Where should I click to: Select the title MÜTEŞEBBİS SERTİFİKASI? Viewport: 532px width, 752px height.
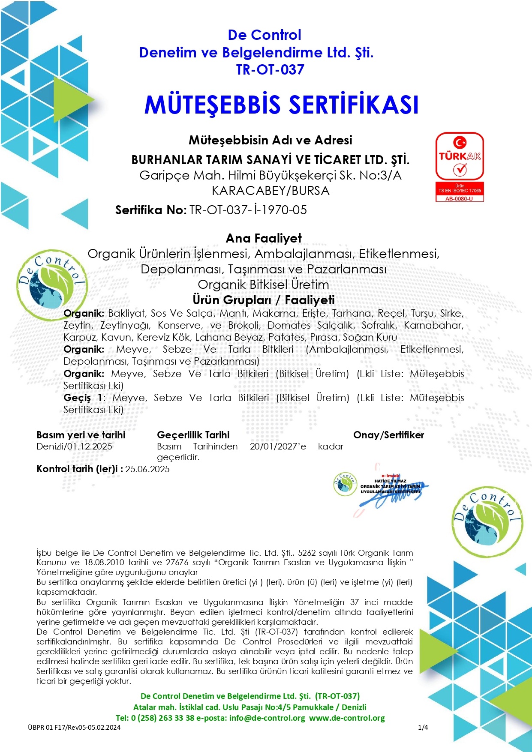tap(281, 105)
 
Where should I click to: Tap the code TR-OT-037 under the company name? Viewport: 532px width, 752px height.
tap(270, 69)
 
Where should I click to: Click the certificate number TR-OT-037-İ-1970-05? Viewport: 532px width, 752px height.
tap(248, 210)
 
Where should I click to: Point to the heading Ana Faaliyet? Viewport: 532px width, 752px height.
tap(264, 238)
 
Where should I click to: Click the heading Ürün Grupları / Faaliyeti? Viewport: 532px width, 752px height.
tap(264, 300)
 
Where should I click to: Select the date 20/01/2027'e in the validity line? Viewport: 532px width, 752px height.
tap(278, 446)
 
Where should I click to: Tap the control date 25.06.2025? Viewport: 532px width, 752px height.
tap(147, 469)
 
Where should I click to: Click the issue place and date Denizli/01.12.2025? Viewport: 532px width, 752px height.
tap(74, 446)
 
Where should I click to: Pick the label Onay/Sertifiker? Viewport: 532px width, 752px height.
tap(388, 435)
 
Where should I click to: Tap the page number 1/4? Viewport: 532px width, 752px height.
tap(423, 727)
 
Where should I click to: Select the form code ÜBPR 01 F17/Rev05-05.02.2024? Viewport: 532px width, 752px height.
tap(74, 727)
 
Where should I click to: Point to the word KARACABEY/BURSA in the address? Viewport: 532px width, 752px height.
tap(271, 191)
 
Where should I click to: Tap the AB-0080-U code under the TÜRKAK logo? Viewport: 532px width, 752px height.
tap(460, 199)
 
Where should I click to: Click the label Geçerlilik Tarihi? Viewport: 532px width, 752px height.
tap(193, 435)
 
